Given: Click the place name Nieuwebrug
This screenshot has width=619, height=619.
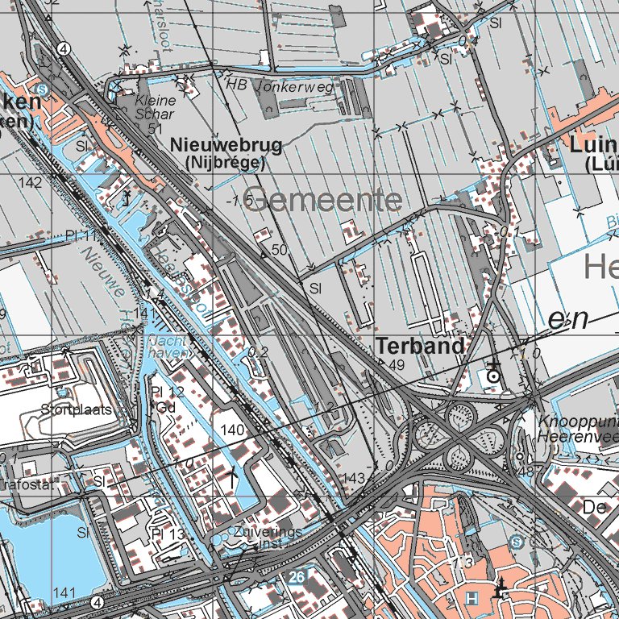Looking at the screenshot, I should [226, 146].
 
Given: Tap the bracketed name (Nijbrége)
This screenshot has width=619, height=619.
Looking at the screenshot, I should [225, 162].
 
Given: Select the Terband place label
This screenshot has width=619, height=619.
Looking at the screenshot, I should [420, 347].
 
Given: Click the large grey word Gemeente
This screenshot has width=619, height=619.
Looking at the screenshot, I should [322, 201].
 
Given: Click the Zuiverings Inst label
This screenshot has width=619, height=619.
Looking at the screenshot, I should [268, 538].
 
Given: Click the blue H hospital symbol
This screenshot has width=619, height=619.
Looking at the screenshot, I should [472, 597].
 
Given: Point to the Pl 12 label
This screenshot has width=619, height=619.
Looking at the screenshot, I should [168, 393].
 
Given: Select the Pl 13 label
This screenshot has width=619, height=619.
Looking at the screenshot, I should [168, 534].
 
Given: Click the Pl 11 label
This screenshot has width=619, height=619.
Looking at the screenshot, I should [81, 236].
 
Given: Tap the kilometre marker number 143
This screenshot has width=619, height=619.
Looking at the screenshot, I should [354, 479].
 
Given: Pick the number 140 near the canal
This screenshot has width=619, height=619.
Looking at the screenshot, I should [232, 430].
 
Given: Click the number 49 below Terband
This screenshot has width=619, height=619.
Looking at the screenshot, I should [396, 365].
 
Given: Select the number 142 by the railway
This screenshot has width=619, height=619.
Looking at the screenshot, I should [30, 183].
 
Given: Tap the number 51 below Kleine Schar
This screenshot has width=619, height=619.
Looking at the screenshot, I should [156, 128].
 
